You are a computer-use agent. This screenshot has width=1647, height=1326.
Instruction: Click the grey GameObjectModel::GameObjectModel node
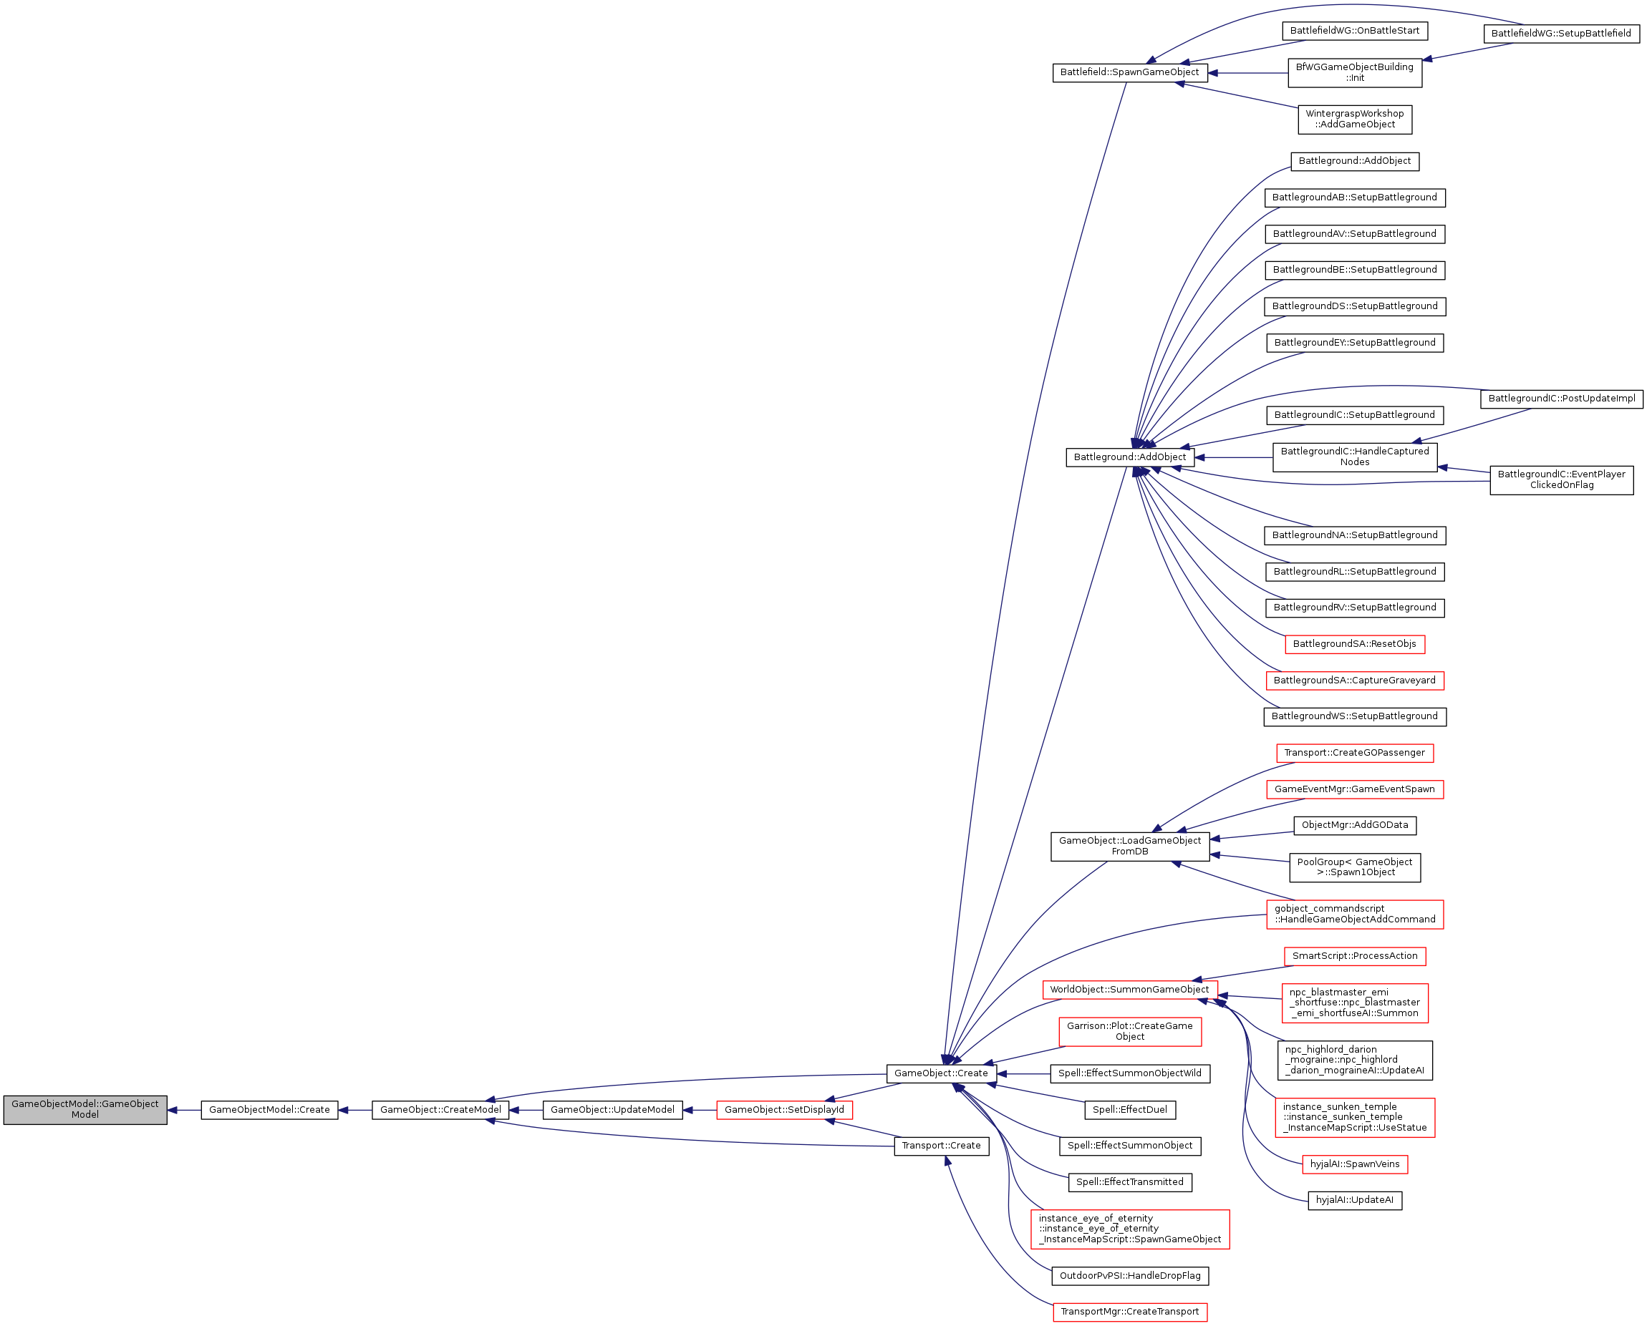[x=84, y=1110]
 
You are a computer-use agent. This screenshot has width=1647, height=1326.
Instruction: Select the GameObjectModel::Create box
[x=269, y=1110]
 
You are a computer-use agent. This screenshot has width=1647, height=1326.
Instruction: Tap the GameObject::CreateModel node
[x=440, y=1110]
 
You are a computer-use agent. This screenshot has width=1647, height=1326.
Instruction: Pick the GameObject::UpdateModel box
[x=612, y=1110]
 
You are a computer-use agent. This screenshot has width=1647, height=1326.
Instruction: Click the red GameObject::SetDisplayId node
[x=784, y=1110]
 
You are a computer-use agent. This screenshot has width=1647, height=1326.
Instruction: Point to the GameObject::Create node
[x=941, y=1073]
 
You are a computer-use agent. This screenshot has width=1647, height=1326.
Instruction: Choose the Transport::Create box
[x=941, y=1146]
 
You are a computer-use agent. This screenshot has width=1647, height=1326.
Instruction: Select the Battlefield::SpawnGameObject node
[x=1129, y=72]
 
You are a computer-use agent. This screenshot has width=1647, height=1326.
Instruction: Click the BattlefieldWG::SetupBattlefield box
[x=1561, y=34]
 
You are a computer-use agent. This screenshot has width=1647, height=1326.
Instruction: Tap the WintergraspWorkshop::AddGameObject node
[x=1355, y=120]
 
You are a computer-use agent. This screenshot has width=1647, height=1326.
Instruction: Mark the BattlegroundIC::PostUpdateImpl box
[x=1561, y=399]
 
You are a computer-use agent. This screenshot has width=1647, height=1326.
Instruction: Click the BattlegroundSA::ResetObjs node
[x=1354, y=644]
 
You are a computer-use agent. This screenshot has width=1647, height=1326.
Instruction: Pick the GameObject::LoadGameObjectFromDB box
[x=1129, y=847]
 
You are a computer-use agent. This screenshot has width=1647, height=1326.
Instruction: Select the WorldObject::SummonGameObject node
[x=1129, y=990]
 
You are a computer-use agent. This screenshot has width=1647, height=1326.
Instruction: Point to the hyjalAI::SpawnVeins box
[x=1354, y=1164]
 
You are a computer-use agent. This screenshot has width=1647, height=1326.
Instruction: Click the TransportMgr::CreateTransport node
[x=1129, y=1312]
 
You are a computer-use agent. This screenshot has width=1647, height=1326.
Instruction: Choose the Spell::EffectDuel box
[x=1129, y=1110]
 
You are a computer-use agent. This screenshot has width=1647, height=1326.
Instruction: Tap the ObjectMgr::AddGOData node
[x=1354, y=825]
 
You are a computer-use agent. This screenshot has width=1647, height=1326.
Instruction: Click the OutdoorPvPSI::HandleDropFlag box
[x=1129, y=1276]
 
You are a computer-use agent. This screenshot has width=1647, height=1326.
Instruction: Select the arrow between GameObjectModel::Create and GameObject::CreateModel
[x=354, y=1110]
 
